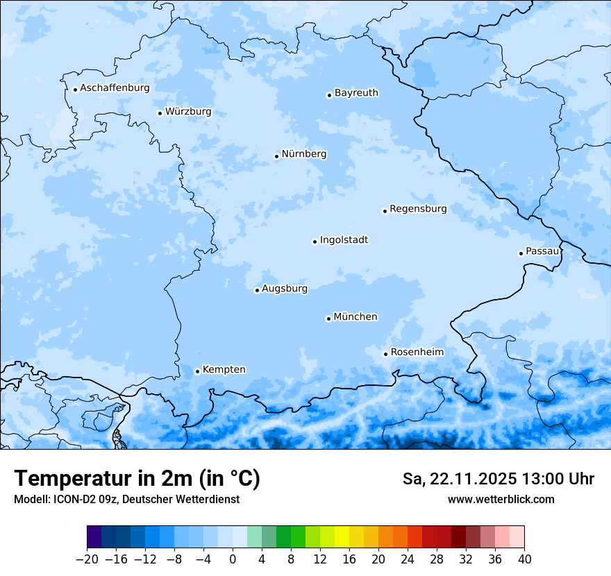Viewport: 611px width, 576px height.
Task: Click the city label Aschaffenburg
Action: tap(115, 88)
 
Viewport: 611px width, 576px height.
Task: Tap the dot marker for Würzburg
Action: tap(160, 113)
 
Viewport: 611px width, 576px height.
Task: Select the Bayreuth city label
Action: tap(356, 93)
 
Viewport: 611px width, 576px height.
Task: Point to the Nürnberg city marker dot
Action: tap(276, 156)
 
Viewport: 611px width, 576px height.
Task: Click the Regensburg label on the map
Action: tap(418, 209)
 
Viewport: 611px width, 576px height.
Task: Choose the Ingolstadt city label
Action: tap(344, 240)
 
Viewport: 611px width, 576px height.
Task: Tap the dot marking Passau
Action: tap(521, 253)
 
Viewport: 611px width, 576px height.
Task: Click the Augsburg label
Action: tap(284, 289)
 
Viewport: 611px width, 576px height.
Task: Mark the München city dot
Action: tap(328, 319)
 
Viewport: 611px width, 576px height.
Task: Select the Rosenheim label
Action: tap(417, 353)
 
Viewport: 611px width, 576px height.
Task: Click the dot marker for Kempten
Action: tap(197, 371)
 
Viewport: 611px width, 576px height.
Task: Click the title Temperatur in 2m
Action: tap(137, 479)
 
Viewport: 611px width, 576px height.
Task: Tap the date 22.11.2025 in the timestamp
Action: tap(473, 479)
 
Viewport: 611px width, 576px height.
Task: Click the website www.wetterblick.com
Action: tap(501, 500)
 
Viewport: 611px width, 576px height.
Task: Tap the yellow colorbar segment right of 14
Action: tap(342, 537)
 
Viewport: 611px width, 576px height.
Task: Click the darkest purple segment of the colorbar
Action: tap(94, 537)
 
